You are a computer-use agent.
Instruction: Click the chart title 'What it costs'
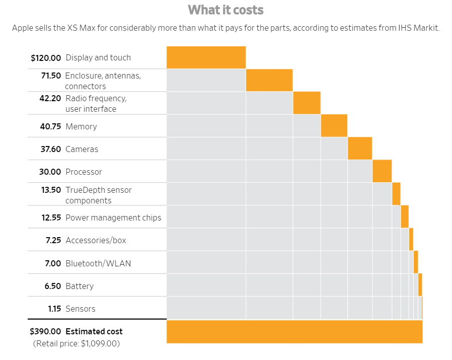(225, 10)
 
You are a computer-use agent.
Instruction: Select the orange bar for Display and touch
(206, 57)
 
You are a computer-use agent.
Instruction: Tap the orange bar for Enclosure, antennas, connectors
(269, 81)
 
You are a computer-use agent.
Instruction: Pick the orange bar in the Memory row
(334, 126)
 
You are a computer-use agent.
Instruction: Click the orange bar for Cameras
(360, 149)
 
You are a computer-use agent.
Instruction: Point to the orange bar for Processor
(382, 172)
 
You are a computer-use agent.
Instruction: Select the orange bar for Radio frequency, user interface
(307, 103)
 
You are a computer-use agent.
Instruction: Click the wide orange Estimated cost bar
(294, 332)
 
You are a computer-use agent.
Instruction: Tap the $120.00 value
(45, 58)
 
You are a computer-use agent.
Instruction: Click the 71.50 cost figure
(51, 76)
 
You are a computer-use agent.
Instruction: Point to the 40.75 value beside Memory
(50, 127)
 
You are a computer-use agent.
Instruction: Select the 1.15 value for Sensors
(54, 309)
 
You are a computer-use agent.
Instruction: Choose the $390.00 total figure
(45, 332)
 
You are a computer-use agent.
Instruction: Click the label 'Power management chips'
(113, 218)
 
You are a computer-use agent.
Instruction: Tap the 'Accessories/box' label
(96, 241)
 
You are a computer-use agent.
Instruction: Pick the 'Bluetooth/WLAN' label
(98, 263)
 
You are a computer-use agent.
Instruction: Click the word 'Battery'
(80, 286)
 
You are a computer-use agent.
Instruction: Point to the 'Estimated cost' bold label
(94, 332)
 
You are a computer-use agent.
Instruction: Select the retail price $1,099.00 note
(77, 344)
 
